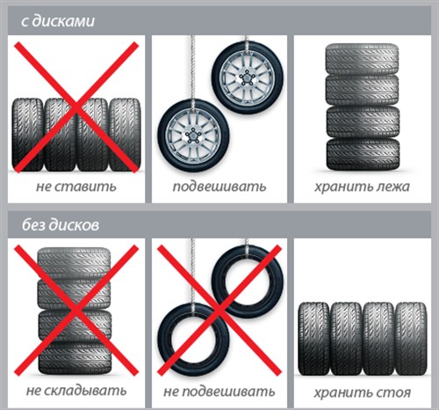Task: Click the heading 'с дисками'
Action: pyautogui.click(x=58, y=21)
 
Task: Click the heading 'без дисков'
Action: pyautogui.click(x=61, y=224)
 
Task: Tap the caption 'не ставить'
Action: pyautogui.click(x=76, y=187)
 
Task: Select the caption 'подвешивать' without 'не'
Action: pyautogui.click(x=219, y=187)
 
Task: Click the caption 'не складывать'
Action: pyautogui.click(x=76, y=391)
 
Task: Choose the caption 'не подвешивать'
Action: pyautogui.click(x=219, y=392)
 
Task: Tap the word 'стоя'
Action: pyautogui.click(x=394, y=392)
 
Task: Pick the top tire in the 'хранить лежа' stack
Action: pyautogui.click(x=363, y=58)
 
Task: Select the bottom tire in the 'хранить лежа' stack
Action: pyautogui.click(x=363, y=154)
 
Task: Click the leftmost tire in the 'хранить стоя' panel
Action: pyautogui.click(x=313, y=339)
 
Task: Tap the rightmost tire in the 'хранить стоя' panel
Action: pyautogui.click(x=411, y=339)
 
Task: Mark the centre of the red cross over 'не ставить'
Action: pyautogui.click(x=76, y=107)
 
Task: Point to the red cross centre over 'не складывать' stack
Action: pyautogui.click(x=76, y=311)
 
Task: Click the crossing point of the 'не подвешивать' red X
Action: pyautogui.click(x=219, y=311)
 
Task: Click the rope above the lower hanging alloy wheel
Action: pyautogui.click(x=192, y=68)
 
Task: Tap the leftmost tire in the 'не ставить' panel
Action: pyautogui.click(x=27, y=135)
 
